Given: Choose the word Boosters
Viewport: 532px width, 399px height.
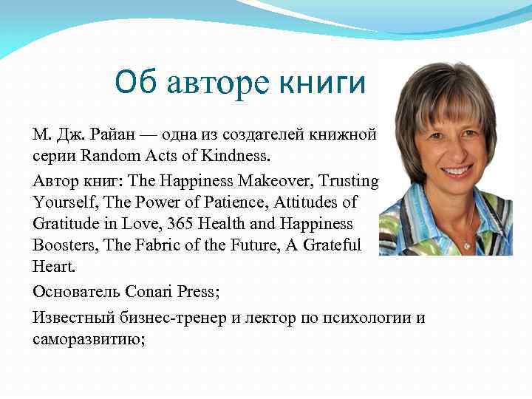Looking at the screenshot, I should [x=62, y=244].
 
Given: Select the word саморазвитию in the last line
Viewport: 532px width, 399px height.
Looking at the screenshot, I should [x=82, y=338].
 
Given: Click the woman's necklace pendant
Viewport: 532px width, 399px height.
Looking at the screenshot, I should [x=466, y=244].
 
